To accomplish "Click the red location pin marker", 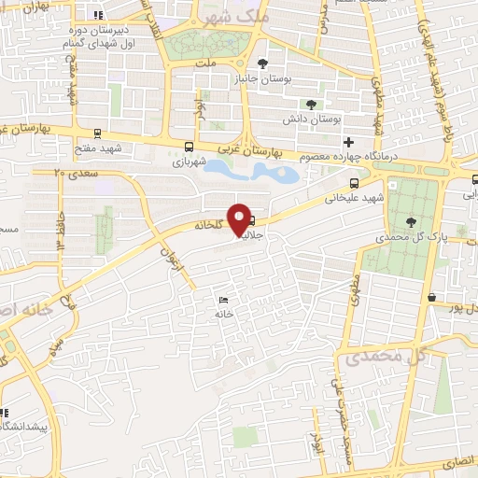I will coord(240,218).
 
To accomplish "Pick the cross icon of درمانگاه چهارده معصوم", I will coord(349,142).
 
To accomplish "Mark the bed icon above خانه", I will coord(222,300).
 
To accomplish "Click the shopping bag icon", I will coord(431,298).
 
